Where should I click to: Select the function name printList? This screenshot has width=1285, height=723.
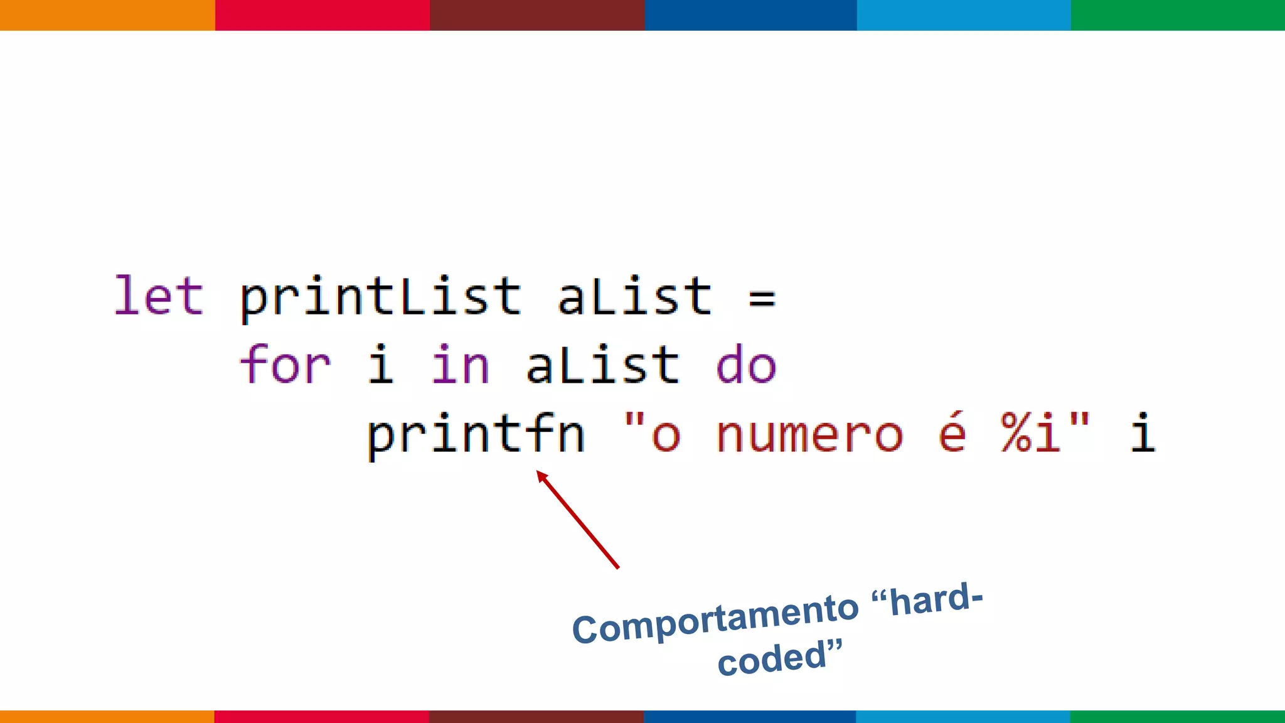pyautogui.click(x=380, y=297)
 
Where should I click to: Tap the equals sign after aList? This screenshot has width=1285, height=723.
pyautogui.click(x=762, y=297)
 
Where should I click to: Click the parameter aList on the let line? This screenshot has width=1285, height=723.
pyautogui.click(x=635, y=296)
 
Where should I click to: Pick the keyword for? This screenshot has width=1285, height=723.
pyautogui.click(x=285, y=365)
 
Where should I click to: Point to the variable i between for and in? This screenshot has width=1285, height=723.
pyautogui.click(x=381, y=365)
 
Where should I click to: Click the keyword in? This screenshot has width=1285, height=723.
pyautogui.click(x=460, y=365)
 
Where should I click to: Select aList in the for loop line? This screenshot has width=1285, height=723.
pyautogui.click(x=603, y=365)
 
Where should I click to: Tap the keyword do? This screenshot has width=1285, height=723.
pyautogui.click(x=746, y=366)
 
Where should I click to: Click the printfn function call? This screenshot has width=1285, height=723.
pyautogui.click(x=476, y=434)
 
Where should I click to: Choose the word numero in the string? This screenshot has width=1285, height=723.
pyautogui.click(x=809, y=435)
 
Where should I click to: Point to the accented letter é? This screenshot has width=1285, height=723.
pyautogui.click(x=952, y=432)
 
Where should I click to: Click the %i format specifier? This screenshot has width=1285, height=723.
pyautogui.click(x=1031, y=433)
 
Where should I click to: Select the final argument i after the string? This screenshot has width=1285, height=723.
pyautogui.click(x=1143, y=433)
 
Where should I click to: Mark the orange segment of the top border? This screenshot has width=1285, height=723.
pyautogui.click(x=107, y=15)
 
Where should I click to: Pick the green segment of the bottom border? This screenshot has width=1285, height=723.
pyautogui.click(x=1177, y=716)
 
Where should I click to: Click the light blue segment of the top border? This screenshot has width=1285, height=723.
pyautogui.click(x=964, y=15)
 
